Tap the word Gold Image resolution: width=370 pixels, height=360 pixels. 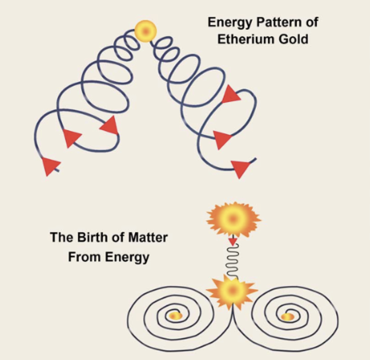pyautogui.click(x=296, y=39)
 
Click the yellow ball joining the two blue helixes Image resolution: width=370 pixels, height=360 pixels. pyautogui.click(x=145, y=31)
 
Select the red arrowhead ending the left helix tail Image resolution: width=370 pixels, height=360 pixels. pyautogui.click(x=50, y=165)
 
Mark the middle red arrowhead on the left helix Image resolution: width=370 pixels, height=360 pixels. pyautogui.click(x=72, y=137)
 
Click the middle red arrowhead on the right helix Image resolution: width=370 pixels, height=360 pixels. pyautogui.click(x=222, y=139)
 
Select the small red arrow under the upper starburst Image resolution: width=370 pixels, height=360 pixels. pyautogui.click(x=232, y=241)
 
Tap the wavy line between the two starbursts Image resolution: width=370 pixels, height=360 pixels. pyautogui.click(x=232, y=262)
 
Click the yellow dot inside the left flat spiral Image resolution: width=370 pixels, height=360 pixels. pyautogui.click(x=175, y=316)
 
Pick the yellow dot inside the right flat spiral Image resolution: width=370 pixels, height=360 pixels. pyautogui.click(x=288, y=317)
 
